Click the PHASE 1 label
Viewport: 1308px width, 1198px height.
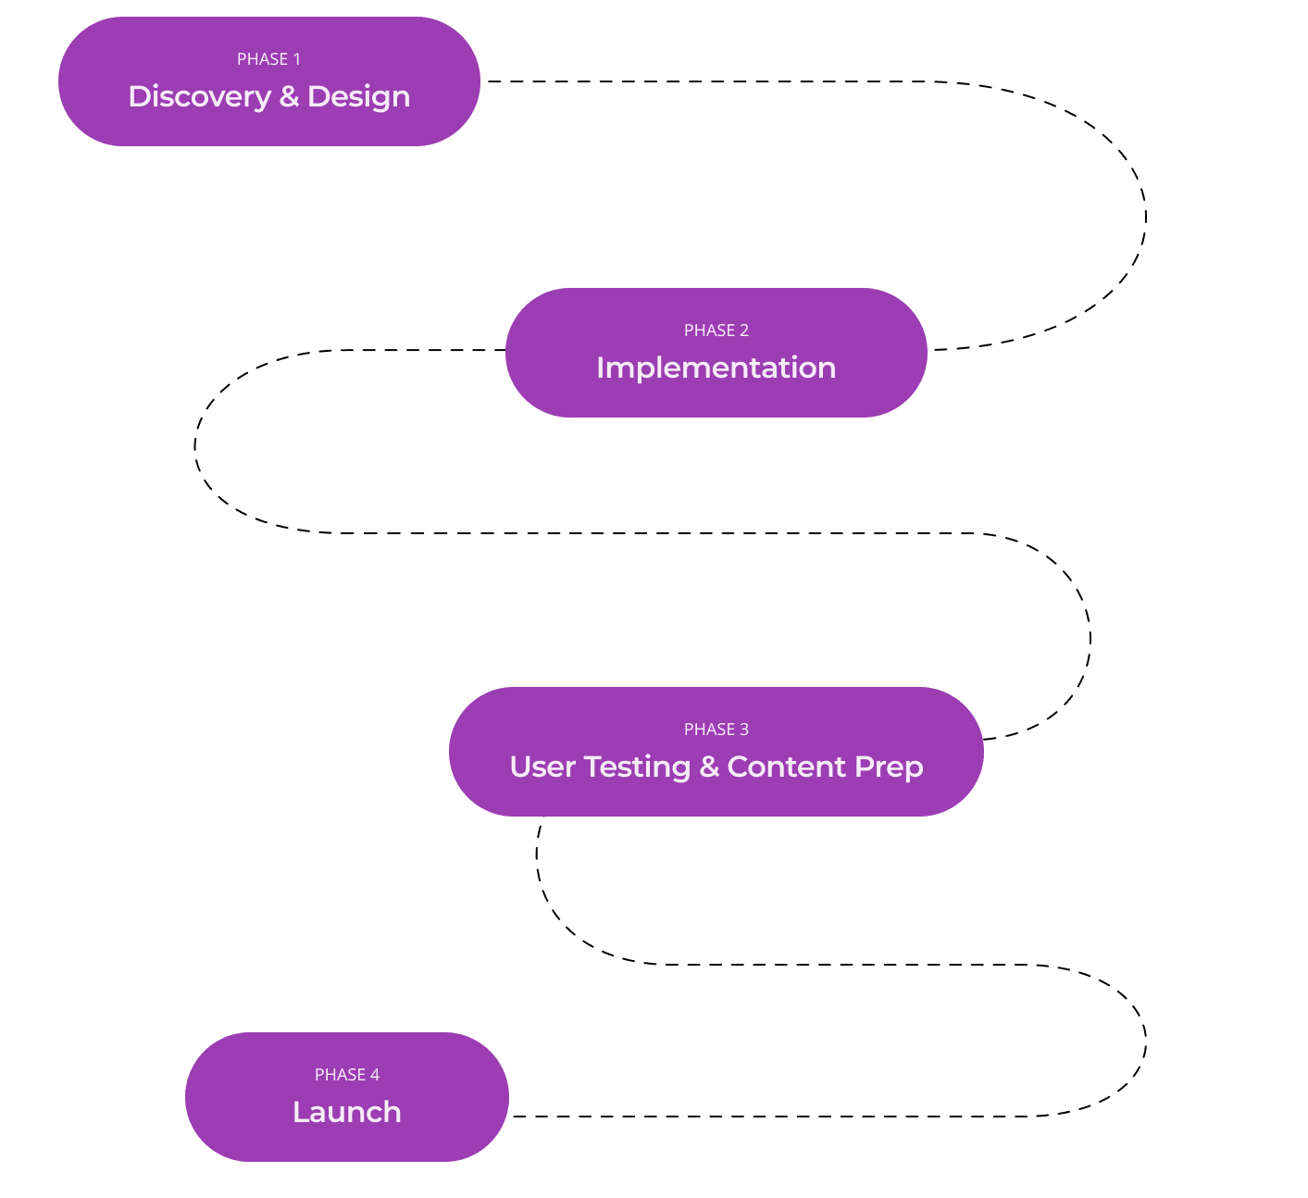tap(268, 59)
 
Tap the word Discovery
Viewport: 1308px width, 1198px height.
tap(199, 96)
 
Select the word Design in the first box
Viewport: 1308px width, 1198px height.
tap(358, 97)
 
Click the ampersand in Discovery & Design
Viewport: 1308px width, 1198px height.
tap(289, 96)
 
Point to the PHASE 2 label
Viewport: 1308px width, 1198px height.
tap(716, 331)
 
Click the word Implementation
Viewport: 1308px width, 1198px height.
tap(716, 368)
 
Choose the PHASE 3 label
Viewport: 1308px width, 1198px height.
tap(716, 730)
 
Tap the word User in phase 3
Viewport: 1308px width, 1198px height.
tap(542, 767)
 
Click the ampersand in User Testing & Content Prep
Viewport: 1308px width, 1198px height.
tap(709, 767)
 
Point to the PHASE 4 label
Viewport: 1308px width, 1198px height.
tap(347, 1075)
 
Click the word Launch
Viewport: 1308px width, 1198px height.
tap(347, 1112)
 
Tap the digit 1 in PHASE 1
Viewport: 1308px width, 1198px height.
tap(297, 59)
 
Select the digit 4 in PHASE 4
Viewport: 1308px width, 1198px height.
tap(375, 1075)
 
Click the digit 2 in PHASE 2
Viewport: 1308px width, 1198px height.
tap(744, 331)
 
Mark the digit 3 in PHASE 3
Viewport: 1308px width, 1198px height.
tap(744, 730)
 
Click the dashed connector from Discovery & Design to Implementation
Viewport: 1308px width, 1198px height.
tap(1145, 218)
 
